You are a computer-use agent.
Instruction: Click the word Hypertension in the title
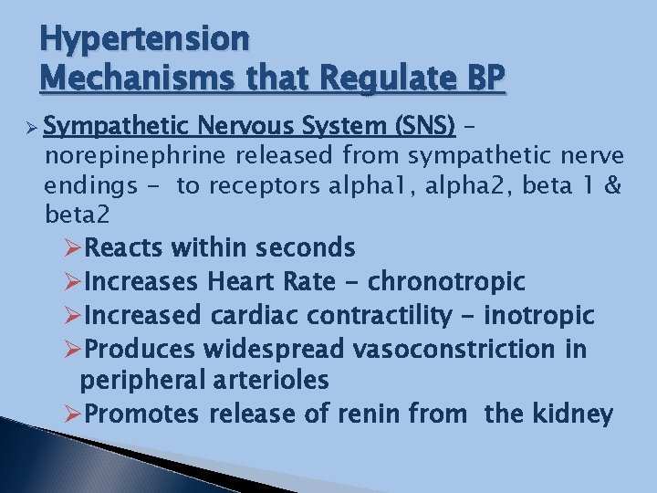click(144, 38)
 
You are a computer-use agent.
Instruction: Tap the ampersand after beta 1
click(613, 187)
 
